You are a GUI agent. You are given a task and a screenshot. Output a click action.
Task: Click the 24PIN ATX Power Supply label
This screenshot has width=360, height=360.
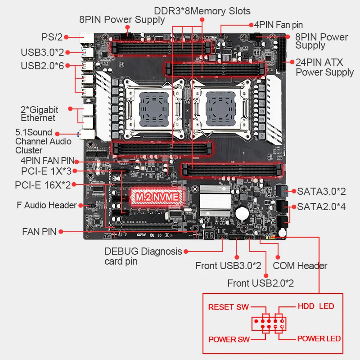click(x=324, y=67)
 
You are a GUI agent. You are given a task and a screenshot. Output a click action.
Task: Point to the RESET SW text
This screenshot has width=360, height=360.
click(x=228, y=307)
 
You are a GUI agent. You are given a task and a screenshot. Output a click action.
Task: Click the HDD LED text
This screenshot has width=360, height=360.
click(x=316, y=306)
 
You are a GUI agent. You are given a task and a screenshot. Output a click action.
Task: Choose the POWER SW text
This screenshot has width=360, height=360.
click(x=229, y=339)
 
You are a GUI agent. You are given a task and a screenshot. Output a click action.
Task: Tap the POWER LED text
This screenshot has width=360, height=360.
click(x=319, y=338)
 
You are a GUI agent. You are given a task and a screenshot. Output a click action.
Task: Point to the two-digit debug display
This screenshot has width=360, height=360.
click(x=208, y=235)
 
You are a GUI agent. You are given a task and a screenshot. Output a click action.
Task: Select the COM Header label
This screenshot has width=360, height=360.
click(x=300, y=265)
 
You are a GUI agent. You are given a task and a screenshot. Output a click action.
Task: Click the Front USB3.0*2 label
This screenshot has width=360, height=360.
click(x=228, y=265)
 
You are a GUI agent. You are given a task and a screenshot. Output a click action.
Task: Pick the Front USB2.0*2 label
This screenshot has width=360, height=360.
click(x=261, y=283)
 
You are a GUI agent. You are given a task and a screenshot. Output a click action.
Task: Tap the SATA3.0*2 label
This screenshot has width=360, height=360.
click(x=321, y=191)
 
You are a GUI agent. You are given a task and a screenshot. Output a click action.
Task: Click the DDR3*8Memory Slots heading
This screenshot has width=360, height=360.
click(x=202, y=10)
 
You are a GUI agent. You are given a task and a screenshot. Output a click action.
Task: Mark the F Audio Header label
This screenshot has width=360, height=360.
click(x=47, y=205)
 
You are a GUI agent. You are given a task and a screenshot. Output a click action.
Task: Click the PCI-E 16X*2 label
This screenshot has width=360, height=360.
click(x=43, y=185)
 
